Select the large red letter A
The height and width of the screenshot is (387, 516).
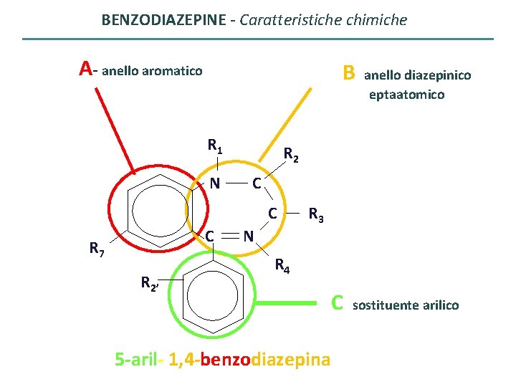pyautogui.click(x=86, y=69)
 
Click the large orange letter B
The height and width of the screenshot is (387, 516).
pyautogui.click(x=349, y=73)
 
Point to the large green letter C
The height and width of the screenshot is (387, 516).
pyautogui.click(x=338, y=304)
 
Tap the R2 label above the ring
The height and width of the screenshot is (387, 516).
pyautogui.click(x=291, y=153)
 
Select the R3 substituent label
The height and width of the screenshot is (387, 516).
pyautogui.click(x=316, y=214)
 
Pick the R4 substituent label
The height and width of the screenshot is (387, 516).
pyautogui.click(x=282, y=267)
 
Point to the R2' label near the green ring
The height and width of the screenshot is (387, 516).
pyautogui.click(x=150, y=285)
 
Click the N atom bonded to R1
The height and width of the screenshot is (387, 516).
pyautogui.click(x=215, y=184)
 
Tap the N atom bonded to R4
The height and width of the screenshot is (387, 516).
pyautogui.click(x=247, y=235)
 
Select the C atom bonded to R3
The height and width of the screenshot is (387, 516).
pyautogui.click(x=272, y=213)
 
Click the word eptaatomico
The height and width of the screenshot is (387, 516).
pyautogui.click(x=406, y=95)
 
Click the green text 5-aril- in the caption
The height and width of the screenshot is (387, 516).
pyautogui.click(x=139, y=359)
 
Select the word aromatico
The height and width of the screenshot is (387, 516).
pyautogui.click(x=172, y=71)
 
